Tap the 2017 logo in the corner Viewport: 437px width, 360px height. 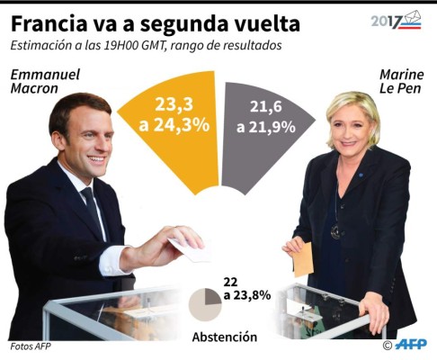pyautogui.click(x=396, y=20)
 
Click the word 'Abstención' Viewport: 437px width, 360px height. pyautogui.click(x=224, y=337)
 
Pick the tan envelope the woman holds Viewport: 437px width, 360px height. pyautogui.click(x=303, y=260)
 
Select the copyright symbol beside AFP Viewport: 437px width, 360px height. pyautogui.click(x=388, y=345)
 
